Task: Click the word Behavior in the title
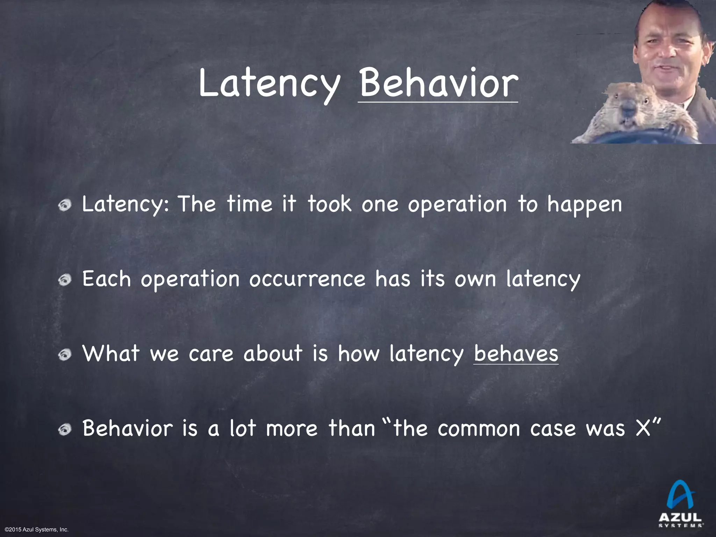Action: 438,84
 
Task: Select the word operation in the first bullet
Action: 457,205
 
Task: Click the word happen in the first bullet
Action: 585,205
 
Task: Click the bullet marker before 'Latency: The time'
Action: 65,206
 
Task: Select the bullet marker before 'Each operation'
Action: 65,281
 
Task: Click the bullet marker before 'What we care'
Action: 65,355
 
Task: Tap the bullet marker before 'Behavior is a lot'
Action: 65,430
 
